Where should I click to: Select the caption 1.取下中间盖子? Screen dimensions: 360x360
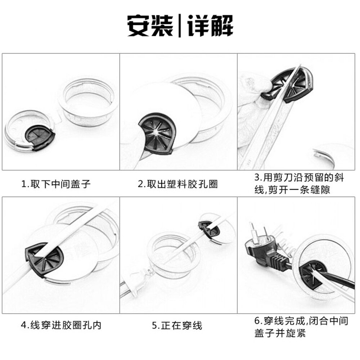tap(56, 184)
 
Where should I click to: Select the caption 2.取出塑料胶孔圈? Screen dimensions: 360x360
tap(178, 184)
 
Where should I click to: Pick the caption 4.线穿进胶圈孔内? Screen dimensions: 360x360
tap(61, 325)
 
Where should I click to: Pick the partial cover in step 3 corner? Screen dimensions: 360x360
tap(333, 155)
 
